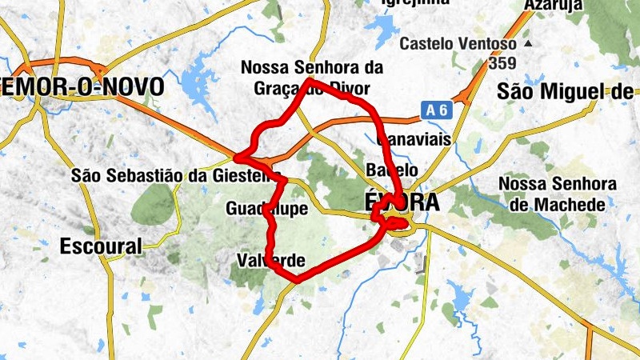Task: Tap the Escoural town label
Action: [x=100, y=246]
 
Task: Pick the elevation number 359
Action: [x=502, y=62]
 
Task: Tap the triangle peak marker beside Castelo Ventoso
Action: [x=528, y=42]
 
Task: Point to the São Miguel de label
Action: [x=565, y=91]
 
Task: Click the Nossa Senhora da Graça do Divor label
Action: [x=312, y=78]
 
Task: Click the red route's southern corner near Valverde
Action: [x=297, y=280]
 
